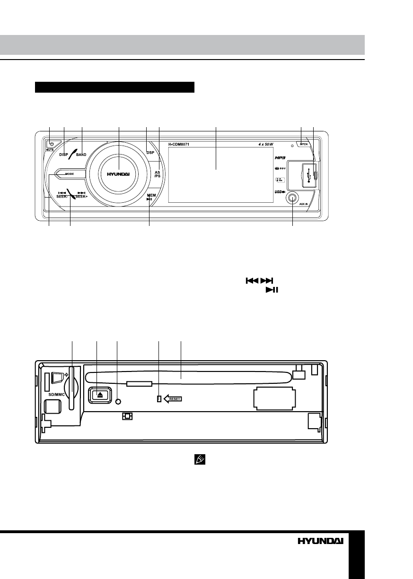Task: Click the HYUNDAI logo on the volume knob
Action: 118,173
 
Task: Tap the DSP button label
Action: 150,153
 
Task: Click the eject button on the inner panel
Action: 100,394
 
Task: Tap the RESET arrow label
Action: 173,398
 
